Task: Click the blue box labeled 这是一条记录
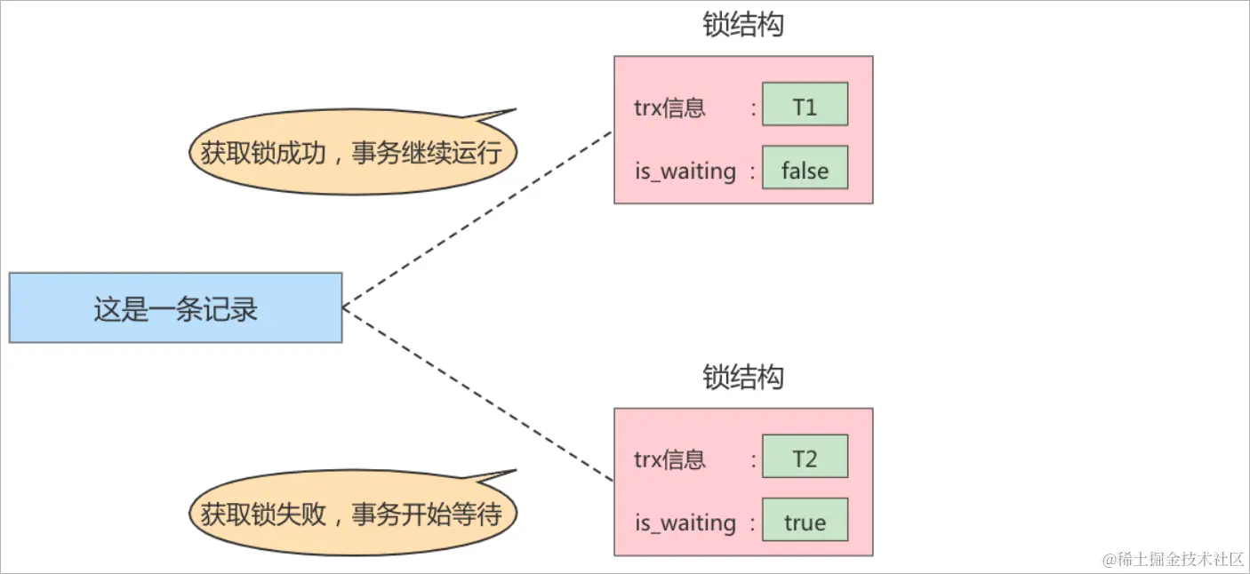175,307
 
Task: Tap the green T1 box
805,108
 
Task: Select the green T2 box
805,459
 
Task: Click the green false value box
805,171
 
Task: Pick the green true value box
805,522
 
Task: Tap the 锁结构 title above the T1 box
743,25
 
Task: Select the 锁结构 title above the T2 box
743,377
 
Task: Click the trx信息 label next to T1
669,108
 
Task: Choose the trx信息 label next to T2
669,460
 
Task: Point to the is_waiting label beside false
685,171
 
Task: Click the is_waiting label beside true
685,522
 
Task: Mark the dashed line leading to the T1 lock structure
477,219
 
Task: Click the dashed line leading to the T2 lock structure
477,395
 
